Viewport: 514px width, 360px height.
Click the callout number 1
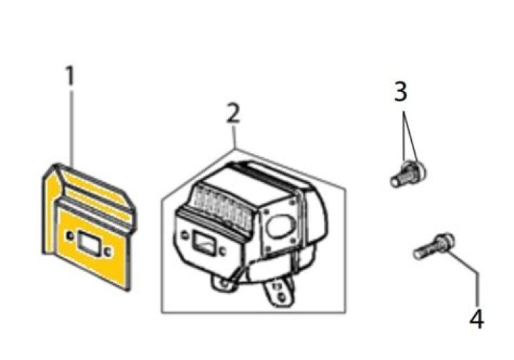click(70, 76)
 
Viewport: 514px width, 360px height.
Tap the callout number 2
click(233, 114)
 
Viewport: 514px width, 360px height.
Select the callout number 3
click(400, 91)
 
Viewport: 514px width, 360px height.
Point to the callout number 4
click(477, 319)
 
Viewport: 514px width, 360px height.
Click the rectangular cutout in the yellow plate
click(86, 241)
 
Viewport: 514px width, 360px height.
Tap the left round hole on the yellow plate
click(70, 236)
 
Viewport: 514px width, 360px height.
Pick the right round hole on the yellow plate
click(107, 251)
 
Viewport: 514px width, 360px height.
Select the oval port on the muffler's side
click(279, 226)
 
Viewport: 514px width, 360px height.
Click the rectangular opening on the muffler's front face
click(203, 244)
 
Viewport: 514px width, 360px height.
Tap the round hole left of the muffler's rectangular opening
click(185, 235)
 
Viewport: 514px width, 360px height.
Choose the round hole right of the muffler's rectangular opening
click(222, 251)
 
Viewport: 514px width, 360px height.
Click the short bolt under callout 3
click(408, 174)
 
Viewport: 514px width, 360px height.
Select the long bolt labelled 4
click(433, 246)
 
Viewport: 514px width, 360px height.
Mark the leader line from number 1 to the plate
click(71, 127)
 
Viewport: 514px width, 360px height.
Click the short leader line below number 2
click(233, 136)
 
